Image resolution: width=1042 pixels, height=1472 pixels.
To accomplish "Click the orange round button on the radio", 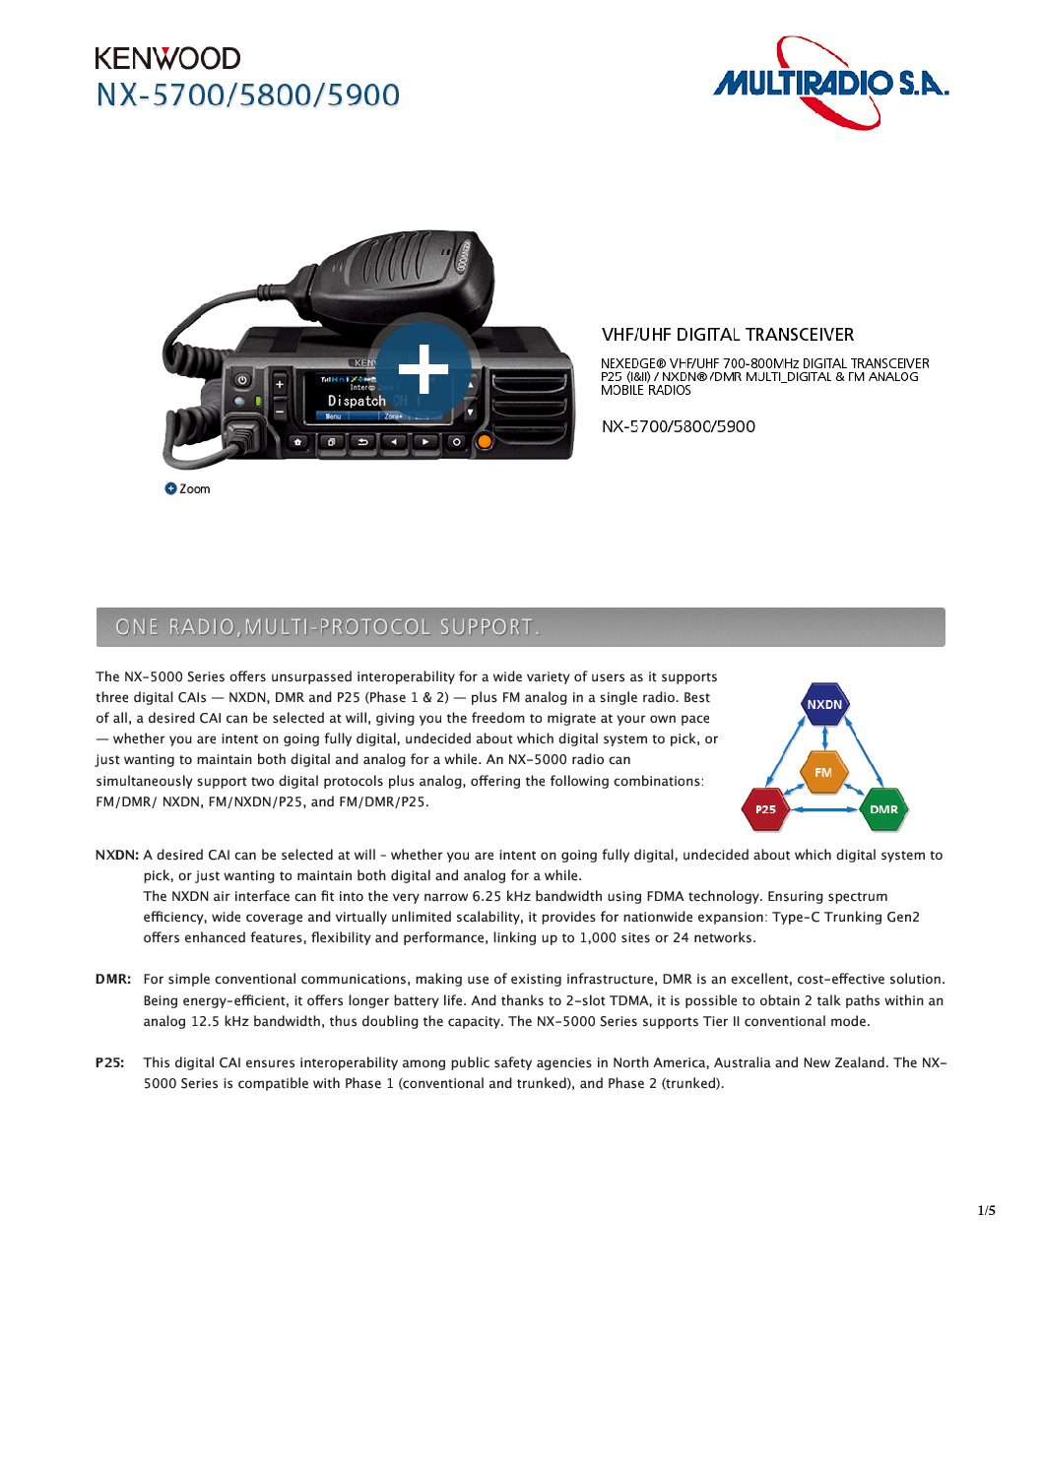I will coord(484,441).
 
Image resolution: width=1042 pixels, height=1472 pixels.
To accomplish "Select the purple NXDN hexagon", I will coord(824,704).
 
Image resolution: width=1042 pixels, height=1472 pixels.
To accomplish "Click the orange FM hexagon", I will coord(823,772).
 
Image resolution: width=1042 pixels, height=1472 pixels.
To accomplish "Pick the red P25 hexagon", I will coord(765,809).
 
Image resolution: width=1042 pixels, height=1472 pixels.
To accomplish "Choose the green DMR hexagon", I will coord(883,809).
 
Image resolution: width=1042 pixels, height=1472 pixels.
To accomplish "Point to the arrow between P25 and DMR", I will coord(824,809).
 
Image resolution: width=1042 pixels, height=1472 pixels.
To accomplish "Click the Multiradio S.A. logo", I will coord(830,83).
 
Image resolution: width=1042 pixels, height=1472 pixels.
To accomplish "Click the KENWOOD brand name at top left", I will coord(167,58).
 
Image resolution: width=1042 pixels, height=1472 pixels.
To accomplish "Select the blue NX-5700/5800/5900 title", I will coord(248,96).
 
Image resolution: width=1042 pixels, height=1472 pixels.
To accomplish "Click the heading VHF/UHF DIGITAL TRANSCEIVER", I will coord(728,335).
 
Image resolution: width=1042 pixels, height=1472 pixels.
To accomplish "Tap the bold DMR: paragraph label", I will coord(113,979).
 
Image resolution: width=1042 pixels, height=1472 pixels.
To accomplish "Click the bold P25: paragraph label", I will coord(110,1062).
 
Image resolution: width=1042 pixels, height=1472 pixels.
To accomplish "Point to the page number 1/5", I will coord(986,1210).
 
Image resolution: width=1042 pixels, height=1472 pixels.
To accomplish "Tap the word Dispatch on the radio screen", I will coord(357,401).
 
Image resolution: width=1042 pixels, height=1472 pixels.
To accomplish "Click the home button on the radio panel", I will coord(298,442).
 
